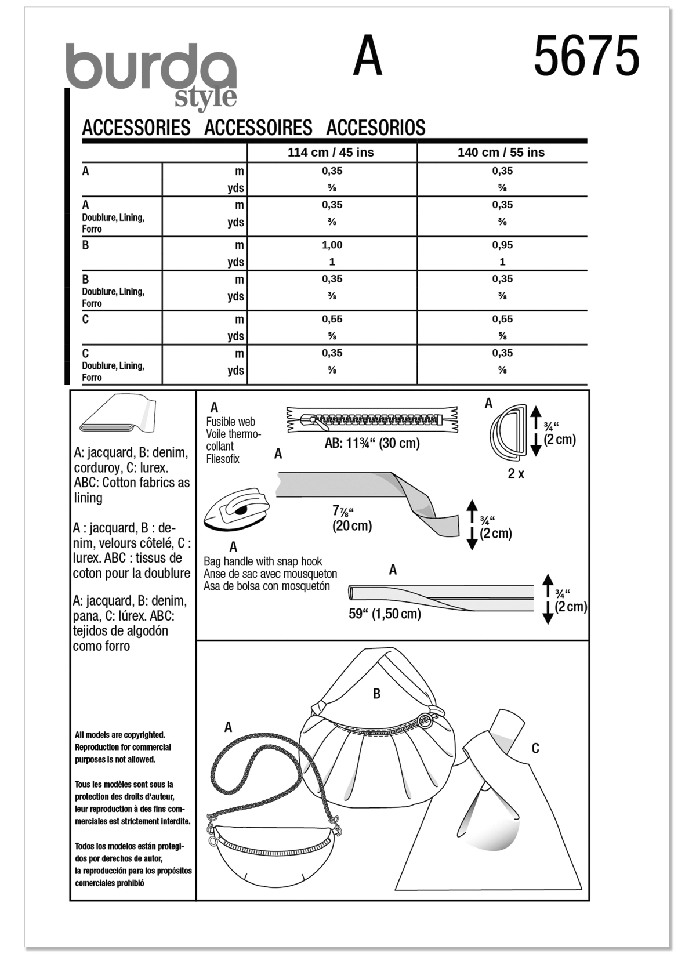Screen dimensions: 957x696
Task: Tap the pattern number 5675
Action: point(586,56)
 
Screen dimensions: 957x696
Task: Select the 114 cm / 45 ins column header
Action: point(331,153)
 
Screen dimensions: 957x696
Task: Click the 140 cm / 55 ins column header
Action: point(501,153)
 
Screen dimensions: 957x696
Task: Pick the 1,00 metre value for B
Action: point(332,245)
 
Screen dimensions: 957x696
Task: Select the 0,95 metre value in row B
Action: point(502,245)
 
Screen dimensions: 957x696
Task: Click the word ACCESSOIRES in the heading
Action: point(258,128)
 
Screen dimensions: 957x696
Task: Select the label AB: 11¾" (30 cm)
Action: point(372,444)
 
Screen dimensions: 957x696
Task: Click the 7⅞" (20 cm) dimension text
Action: point(351,518)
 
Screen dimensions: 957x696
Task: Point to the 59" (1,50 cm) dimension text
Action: point(385,614)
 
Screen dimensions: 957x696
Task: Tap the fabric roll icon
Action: point(118,414)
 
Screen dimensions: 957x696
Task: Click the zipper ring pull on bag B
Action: point(426,720)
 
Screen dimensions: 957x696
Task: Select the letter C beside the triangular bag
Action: point(535,749)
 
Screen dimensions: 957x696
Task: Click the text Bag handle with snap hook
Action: point(262,561)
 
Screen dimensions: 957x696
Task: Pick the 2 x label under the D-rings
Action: point(516,474)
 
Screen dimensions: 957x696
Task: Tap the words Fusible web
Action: point(230,422)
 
